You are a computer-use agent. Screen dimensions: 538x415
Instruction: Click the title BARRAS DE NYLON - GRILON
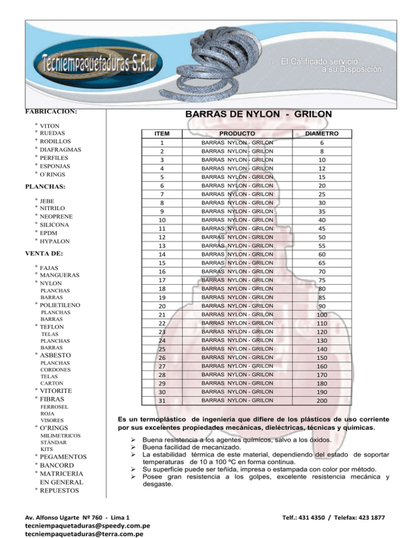[258, 115]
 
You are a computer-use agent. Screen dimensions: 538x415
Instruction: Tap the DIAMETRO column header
[322, 133]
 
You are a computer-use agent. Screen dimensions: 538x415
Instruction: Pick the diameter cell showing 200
[322, 401]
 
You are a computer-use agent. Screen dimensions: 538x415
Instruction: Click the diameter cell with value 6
[322, 142]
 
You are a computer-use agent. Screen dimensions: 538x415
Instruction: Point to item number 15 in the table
[161, 263]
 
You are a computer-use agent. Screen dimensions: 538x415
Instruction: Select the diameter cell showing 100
[322, 314]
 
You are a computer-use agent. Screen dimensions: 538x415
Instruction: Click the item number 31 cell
[161, 401]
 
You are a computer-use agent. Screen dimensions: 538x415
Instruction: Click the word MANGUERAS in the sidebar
[59, 275]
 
